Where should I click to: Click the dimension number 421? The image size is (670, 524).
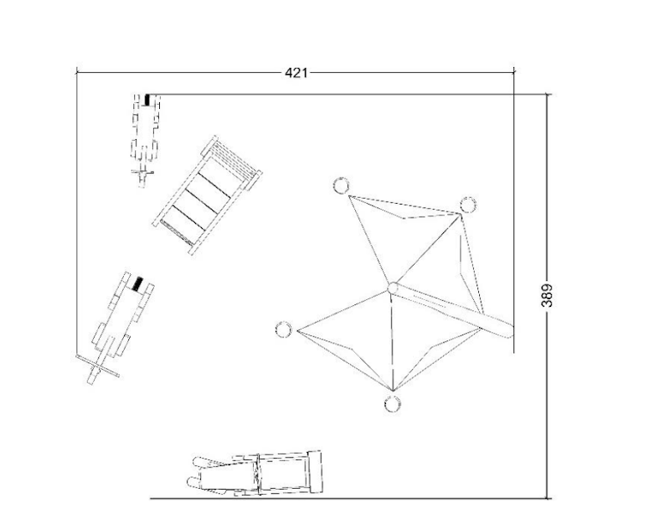pyautogui.click(x=296, y=73)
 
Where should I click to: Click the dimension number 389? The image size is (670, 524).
pyautogui.click(x=547, y=295)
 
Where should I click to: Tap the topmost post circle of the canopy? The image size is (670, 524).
pyautogui.click(x=341, y=185)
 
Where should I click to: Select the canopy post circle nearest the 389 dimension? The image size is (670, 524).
pyautogui.click(x=468, y=205)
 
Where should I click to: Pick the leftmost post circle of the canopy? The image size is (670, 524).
pyautogui.click(x=283, y=329)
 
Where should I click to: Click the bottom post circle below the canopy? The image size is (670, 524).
pyautogui.click(x=392, y=404)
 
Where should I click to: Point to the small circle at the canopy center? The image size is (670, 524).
pyautogui.click(x=393, y=288)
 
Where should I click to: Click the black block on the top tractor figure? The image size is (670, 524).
pyautogui.click(x=148, y=100)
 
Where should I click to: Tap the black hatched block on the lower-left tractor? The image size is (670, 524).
pyautogui.click(x=137, y=284)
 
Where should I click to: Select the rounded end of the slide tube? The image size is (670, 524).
pyautogui.click(x=508, y=330)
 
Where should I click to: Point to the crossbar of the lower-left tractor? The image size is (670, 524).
pyautogui.click(x=97, y=366)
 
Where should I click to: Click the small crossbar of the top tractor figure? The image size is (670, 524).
pyautogui.click(x=142, y=173)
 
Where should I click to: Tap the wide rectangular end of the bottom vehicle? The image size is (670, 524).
pyautogui.click(x=315, y=471)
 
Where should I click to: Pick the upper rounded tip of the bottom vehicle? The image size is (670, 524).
pyautogui.click(x=198, y=462)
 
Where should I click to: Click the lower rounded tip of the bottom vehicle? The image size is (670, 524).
pyautogui.click(x=193, y=483)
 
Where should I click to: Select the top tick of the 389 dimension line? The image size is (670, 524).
pyautogui.click(x=548, y=94)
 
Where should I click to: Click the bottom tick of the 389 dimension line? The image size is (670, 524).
pyautogui.click(x=548, y=498)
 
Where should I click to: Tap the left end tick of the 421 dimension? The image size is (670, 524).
pyautogui.click(x=76, y=72)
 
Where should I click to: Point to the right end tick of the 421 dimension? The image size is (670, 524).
pyautogui.click(x=513, y=72)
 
